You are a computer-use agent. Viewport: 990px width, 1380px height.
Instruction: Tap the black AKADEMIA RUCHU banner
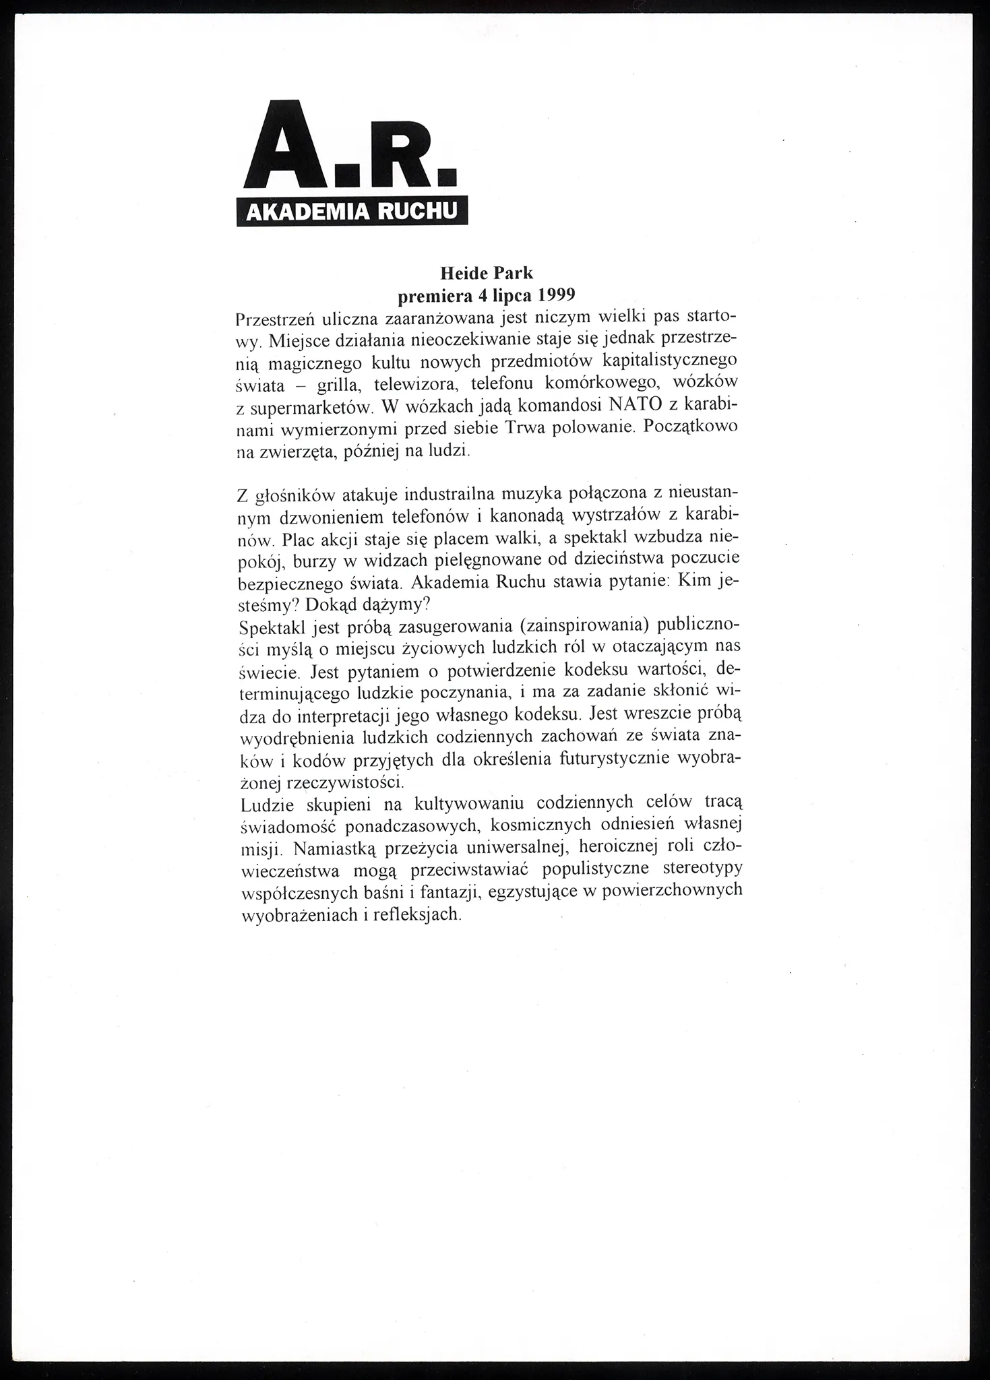point(352,212)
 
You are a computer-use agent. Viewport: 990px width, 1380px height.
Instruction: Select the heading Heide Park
point(486,274)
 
